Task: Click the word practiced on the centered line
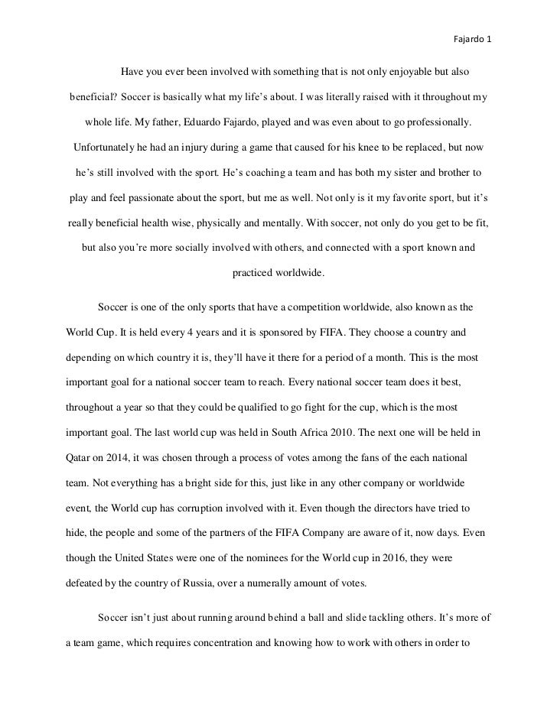257,271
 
